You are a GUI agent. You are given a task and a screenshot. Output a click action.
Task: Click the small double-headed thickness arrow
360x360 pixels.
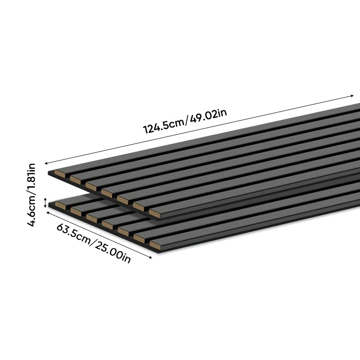pyautogui.click(x=45, y=202)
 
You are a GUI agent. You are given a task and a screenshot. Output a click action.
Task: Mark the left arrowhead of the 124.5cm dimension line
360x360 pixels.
pyautogui.click(x=46, y=163)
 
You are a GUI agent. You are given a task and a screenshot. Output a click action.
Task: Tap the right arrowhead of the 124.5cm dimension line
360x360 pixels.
pyautogui.click(x=352, y=96)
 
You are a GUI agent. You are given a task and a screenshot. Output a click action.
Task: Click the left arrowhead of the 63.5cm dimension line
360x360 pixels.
pyautogui.click(x=48, y=212)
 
